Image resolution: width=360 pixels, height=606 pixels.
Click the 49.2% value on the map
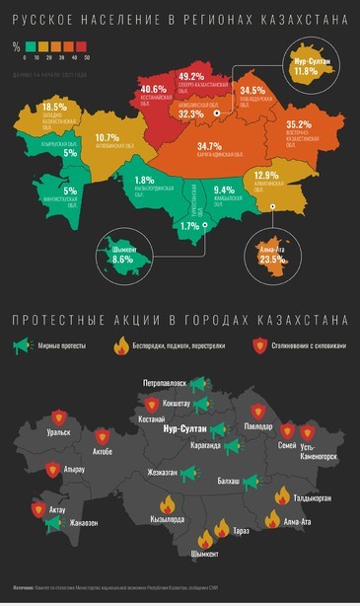tap(191, 77)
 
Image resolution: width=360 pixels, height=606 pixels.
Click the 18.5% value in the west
tap(54, 107)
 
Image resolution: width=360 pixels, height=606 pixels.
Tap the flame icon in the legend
tap(124, 345)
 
